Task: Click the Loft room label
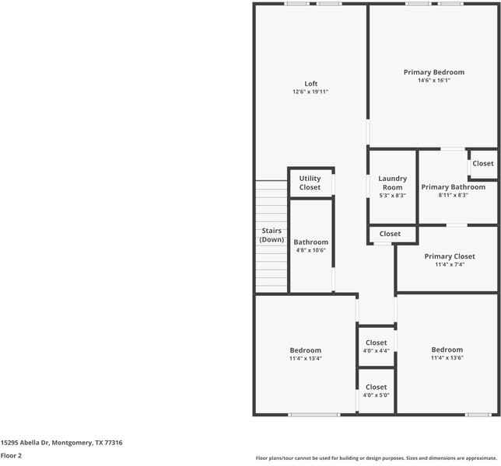click(x=310, y=84)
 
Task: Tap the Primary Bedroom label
click(x=433, y=72)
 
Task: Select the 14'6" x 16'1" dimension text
click(x=433, y=80)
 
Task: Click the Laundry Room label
click(x=392, y=183)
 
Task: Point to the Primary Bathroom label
click(x=453, y=186)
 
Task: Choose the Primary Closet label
click(x=449, y=256)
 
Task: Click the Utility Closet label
click(x=310, y=183)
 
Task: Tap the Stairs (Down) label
click(x=272, y=235)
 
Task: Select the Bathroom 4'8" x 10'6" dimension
click(x=310, y=250)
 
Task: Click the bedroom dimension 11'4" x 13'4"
click(x=305, y=359)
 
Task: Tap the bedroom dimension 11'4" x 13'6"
click(x=447, y=358)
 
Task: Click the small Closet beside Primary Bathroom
click(x=482, y=164)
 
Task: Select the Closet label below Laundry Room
click(x=390, y=234)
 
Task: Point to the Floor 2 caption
click(x=11, y=455)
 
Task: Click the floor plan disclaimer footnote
click(x=376, y=458)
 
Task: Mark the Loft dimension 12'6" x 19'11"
click(x=310, y=92)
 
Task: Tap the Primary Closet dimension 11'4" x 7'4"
click(x=449, y=265)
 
